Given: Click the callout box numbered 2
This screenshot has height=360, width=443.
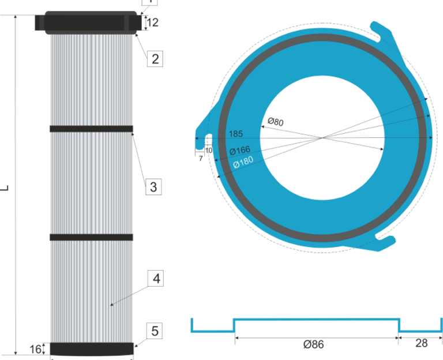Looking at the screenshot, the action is click(155, 58).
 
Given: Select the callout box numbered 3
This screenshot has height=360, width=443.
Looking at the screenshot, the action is click(153, 186).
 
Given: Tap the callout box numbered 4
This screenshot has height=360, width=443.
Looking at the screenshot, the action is click(155, 279).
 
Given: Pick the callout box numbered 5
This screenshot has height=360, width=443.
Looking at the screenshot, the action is click(155, 331).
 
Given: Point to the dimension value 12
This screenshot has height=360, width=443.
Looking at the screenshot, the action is click(153, 23).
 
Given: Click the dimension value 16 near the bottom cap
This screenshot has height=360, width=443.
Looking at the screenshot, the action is click(36, 349).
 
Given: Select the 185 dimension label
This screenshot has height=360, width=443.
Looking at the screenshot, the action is click(235, 134).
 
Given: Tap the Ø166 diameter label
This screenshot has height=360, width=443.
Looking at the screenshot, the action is click(239, 151).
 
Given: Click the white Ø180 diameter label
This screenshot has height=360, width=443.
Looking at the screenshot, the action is click(243, 163).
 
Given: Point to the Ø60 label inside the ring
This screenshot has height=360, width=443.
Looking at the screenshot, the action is click(275, 122).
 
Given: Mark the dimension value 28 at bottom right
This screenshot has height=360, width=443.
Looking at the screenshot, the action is click(422, 344).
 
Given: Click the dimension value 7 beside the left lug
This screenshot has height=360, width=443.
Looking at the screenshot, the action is click(201, 157).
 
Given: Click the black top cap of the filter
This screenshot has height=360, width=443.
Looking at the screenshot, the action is click(91, 22).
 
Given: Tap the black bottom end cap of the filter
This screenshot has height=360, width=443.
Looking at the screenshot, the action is click(92, 349).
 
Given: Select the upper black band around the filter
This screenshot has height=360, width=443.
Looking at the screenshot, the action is click(92, 129).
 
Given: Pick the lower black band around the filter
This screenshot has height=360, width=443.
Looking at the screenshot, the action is click(92, 237).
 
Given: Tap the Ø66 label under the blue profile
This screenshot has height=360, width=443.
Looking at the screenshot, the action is click(313, 344).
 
